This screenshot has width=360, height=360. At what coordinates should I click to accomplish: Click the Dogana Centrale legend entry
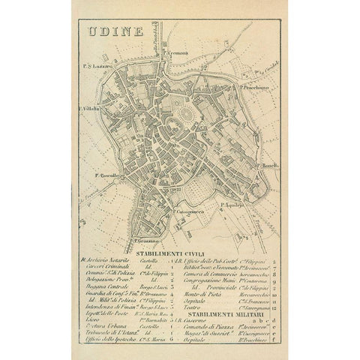pyautogui.click(x=102, y=286)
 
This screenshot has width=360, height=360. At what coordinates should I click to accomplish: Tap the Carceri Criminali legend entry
pyautogui.click(x=103, y=268)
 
